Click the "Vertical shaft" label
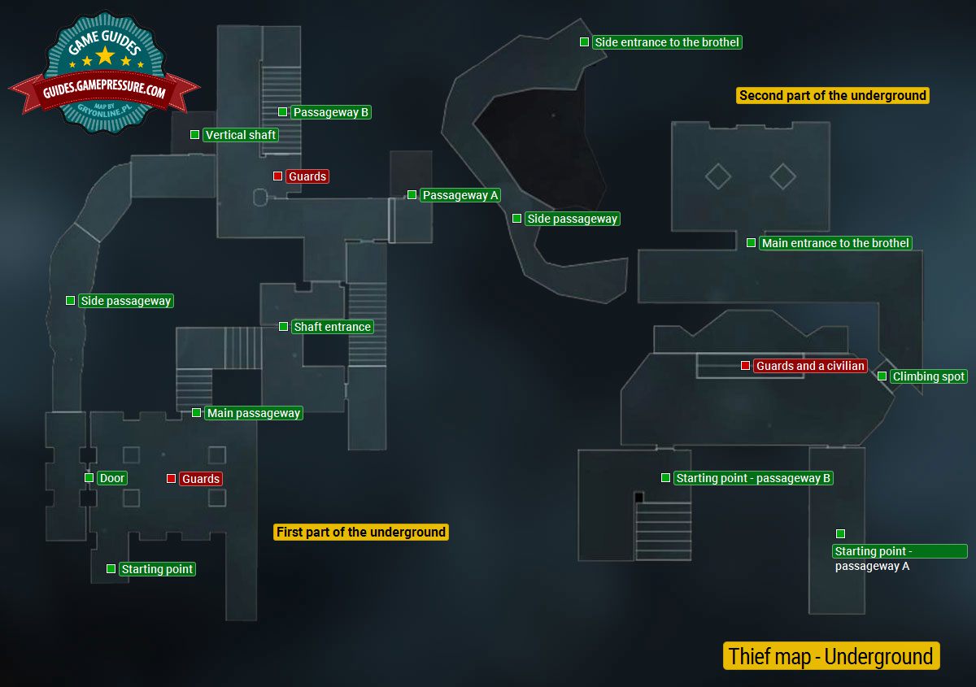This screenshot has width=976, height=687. (240, 135)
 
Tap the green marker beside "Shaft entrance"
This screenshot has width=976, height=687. (283, 327)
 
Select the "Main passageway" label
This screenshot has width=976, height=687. (254, 413)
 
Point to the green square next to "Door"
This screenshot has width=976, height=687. (89, 478)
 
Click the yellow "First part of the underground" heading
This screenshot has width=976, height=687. (361, 533)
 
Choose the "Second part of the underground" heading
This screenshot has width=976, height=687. (832, 96)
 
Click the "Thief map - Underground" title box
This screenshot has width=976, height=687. (830, 656)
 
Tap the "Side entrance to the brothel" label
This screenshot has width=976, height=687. (667, 42)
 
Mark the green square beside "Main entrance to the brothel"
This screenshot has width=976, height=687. (751, 243)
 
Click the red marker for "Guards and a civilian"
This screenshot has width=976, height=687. (745, 366)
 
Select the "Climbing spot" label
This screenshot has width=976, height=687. (928, 376)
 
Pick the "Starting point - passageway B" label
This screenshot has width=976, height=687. (753, 478)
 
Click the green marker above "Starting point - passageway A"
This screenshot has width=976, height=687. (840, 534)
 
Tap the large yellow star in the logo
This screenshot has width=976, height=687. (105, 54)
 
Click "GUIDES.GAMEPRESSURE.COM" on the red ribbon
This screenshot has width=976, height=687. (104, 93)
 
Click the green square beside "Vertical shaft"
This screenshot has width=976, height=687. (194, 135)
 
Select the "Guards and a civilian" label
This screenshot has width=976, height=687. (810, 366)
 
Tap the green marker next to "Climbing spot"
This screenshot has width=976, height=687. (882, 376)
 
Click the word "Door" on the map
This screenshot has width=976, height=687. (112, 478)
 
